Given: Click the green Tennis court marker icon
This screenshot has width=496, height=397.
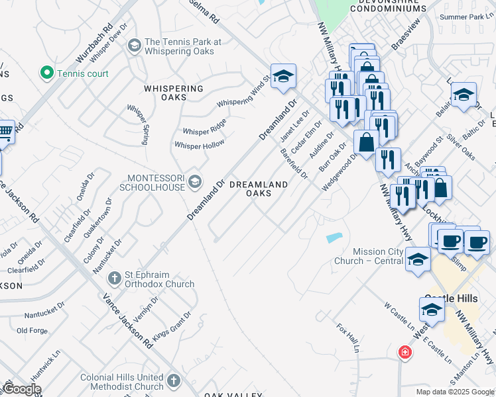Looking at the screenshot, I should (x=47, y=73).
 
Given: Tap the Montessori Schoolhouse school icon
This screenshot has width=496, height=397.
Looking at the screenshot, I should (x=194, y=181).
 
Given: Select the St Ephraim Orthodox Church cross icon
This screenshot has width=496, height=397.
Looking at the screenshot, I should (x=113, y=278).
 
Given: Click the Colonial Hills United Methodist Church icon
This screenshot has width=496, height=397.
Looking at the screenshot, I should (x=174, y=381).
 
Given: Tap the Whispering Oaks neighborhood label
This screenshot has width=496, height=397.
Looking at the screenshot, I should (x=174, y=93).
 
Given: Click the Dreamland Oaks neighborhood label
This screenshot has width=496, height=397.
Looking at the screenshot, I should (x=259, y=189).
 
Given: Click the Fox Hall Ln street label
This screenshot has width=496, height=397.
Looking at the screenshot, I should (x=348, y=337).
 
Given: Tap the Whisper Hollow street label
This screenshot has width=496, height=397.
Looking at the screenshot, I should (x=199, y=144).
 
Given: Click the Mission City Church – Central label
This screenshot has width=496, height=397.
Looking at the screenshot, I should (x=377, y=256).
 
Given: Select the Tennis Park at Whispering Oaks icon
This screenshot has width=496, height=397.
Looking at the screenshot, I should (x=134, y=46).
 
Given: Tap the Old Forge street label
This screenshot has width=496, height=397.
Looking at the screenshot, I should (x=32, y=330).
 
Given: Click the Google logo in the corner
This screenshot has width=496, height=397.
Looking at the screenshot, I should (x=22, y=389).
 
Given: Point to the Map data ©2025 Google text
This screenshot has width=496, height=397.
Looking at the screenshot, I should (x=454, y=392).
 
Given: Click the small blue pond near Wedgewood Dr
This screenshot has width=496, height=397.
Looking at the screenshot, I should (x=334, y=237).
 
